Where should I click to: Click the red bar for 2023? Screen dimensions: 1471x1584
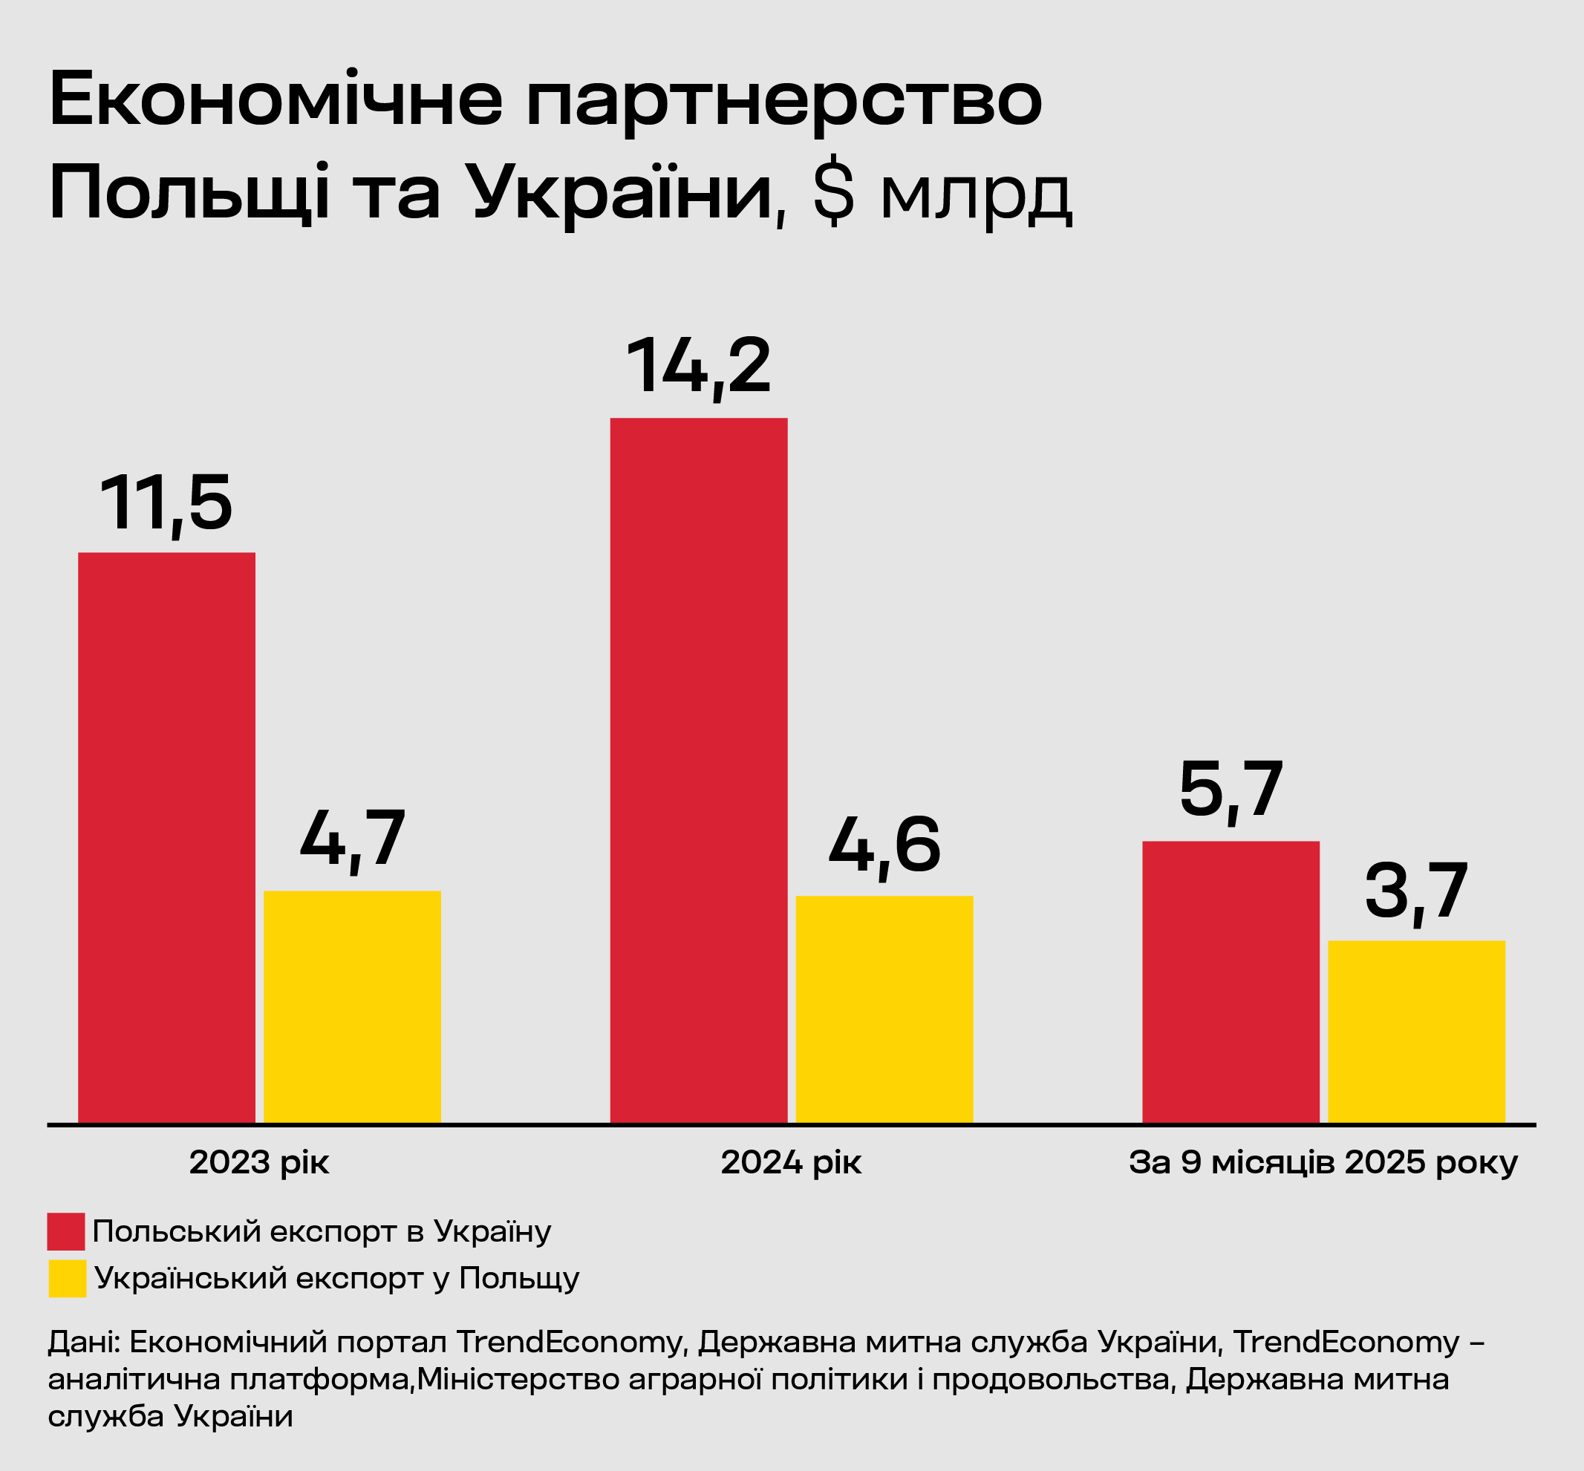166,837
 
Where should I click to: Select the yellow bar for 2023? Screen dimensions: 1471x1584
352,1007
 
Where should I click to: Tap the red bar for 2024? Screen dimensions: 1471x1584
698,770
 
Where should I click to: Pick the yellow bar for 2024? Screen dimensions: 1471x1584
884,1009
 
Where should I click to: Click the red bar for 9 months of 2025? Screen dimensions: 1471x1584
1231,982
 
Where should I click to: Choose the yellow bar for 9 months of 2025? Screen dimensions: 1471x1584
1416,1032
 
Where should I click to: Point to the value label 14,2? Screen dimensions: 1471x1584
698,367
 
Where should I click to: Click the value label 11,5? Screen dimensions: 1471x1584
166,504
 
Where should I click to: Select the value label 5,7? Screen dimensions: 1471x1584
1231,790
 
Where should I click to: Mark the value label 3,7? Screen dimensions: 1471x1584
1416,891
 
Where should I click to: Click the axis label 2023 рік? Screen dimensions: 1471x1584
259,1163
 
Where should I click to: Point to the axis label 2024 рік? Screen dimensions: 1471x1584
791,1163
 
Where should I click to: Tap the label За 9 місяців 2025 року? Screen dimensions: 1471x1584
1323,1163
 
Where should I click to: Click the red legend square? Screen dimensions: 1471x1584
66,1231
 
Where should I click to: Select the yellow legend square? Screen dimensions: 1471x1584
67,1278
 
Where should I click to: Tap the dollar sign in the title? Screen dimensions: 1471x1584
834,195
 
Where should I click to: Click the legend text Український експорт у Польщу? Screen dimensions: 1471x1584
337,1278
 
